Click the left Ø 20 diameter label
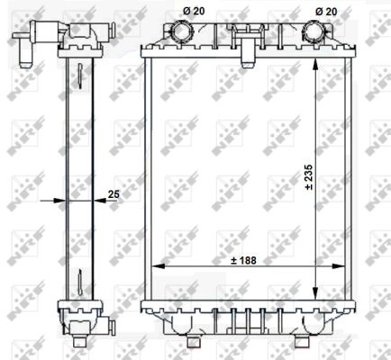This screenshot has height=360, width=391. pos(194,12)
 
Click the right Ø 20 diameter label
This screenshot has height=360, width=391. pos(326,12)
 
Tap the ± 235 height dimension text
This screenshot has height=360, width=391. pos(308,177)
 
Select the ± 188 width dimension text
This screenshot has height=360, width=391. pos(243,260)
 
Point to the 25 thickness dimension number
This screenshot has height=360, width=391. pos(114,194)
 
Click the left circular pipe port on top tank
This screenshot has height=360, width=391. pos(181,31)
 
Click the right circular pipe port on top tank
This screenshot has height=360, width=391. pos(314,31)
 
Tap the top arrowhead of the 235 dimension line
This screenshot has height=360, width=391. pos(315,65)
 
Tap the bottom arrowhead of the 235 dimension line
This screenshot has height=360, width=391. pos(315,293)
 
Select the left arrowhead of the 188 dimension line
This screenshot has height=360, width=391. pos(159,265)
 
